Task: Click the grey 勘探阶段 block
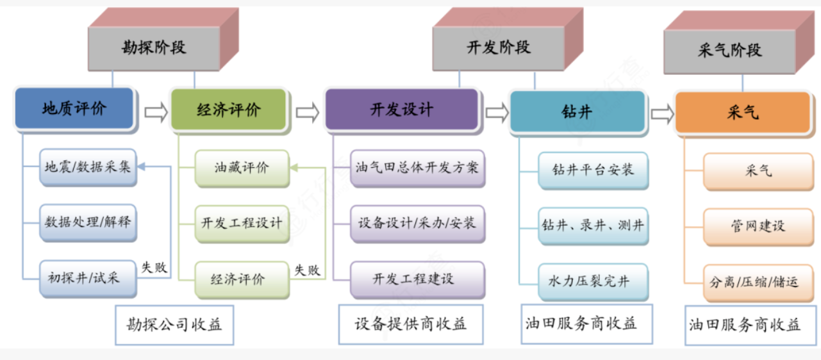pos(154,48)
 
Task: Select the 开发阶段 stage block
pos(498,48)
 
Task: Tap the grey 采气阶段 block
pos(729,51)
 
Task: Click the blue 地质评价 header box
pos(74,108)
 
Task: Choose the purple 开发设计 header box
pos(402,110)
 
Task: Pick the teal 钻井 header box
pos(577,111)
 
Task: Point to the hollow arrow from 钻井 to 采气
pos(662,114)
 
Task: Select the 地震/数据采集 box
pos(88,167)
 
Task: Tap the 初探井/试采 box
pos(88,278)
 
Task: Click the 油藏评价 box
pos(242,168)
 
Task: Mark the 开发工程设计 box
pos(242,224)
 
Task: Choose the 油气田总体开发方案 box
pos(417,168)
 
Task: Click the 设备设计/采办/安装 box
pos(417,224)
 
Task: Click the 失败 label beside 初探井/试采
pos(154,268)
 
